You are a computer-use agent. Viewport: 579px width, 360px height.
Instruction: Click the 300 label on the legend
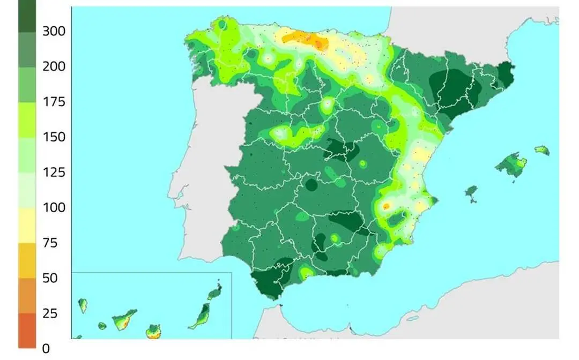point(54,32)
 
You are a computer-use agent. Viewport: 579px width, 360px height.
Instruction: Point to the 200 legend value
point(54,66)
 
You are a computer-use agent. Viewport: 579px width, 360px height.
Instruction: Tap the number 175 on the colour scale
point(54,102)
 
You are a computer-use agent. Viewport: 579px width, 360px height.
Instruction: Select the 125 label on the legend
point(54,172)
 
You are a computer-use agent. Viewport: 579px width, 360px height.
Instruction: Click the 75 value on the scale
point(50,243)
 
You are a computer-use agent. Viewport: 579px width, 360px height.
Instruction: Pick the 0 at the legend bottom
point(46,349)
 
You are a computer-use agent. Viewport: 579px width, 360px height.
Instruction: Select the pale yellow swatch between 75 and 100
point(27,226)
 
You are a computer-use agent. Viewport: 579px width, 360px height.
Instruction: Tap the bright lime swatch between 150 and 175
point(27,119)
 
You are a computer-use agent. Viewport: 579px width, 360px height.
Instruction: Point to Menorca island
point(542,150)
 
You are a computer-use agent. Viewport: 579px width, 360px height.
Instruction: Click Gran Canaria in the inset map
point(154,331)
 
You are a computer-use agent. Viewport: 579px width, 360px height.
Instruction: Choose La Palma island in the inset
point(83,305)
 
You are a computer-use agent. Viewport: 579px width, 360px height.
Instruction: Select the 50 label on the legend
point(50,278)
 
